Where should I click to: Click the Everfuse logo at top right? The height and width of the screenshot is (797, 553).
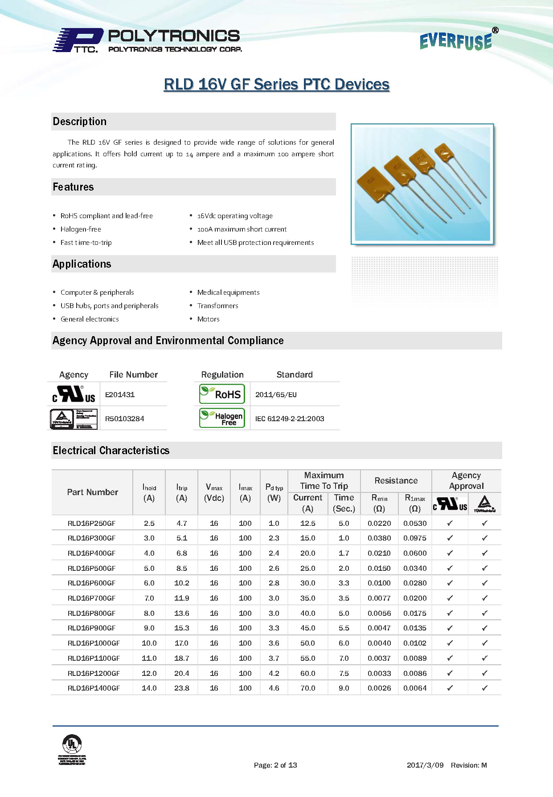[x=456, y=41]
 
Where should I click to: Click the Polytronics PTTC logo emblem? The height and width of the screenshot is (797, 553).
[x=78, y=41]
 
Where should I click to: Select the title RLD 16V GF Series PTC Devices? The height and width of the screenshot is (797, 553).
[x=276, y=84]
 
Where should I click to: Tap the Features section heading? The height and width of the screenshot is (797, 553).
[x=74, y=187]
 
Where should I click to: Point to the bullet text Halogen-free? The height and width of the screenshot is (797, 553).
[x=81, y=229]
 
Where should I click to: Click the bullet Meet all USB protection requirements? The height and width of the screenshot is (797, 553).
[x=255, y=243]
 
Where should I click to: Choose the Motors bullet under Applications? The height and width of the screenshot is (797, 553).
[x=208, y=319]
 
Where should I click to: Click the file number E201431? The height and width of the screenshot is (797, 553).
[x=120, y=394]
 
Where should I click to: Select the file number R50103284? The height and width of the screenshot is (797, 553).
[x=124, y=419]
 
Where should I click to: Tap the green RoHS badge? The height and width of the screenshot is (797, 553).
[x=222, y=394]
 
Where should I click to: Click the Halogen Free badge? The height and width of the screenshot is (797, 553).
[x=222, y=418]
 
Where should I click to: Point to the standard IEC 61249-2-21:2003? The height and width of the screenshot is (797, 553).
[x=290, y=419]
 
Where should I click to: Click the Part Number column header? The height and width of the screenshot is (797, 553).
[x=92, y=492]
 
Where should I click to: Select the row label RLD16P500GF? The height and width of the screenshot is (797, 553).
[x=91, y=568]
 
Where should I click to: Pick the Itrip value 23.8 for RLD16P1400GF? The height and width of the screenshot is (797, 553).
[x=182, y=688]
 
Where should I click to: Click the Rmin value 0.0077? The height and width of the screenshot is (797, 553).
[x=379, y=598]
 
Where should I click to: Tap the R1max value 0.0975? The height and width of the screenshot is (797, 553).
[x=415, y=538]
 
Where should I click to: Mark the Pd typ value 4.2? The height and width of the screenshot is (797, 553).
[x=274, y=673]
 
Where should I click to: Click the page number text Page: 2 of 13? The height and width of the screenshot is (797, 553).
[x=275, y=765]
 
